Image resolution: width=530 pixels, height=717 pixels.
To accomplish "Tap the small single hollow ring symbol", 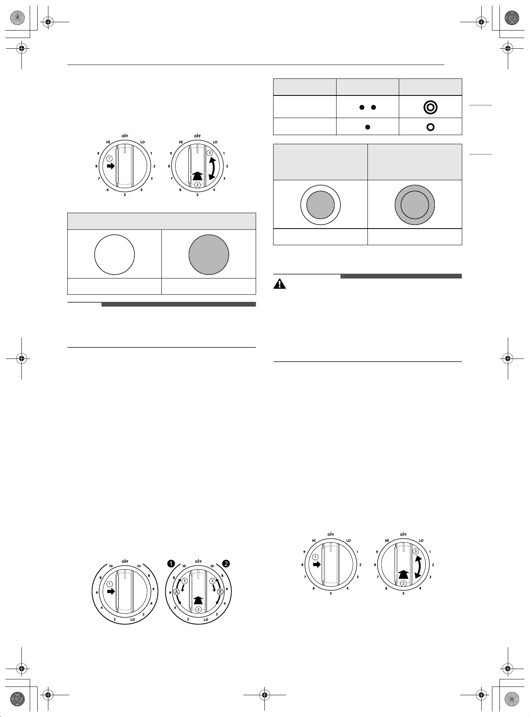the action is (x=431, y=127).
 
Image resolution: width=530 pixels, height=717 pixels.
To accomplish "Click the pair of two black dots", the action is (x=367, y=107).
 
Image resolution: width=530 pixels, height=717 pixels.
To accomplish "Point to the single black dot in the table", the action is (x=367, y=127).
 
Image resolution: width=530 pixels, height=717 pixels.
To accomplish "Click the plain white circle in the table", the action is (x=115, y=254).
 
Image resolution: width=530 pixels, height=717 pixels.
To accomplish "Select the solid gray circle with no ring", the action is (x=209, y=254).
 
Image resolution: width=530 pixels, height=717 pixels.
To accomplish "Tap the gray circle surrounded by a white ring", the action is (x=321, y=205).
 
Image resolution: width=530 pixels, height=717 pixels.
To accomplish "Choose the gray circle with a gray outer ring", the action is (x=415, y=205).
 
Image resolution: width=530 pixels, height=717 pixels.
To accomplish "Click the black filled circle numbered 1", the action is (x=171, y=563).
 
